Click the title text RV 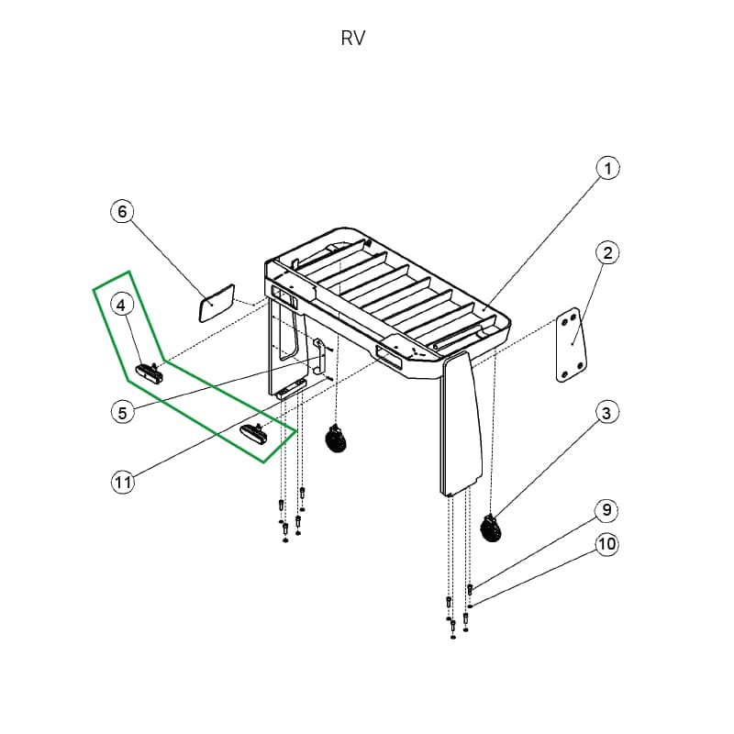click(x=353, y=39)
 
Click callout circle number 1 click(x=607, y=169)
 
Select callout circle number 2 click(x=607, y=252)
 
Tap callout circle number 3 click(x=606, y=414)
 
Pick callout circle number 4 click(x=124, y=303)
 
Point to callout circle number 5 click(x=123, y=412)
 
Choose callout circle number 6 click(x=122, y=211)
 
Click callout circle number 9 click(x=606, y=509)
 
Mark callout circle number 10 click(x=606, y=544)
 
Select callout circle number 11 click(x=123, y=482)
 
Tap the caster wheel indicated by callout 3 click(x=492, y=529)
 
